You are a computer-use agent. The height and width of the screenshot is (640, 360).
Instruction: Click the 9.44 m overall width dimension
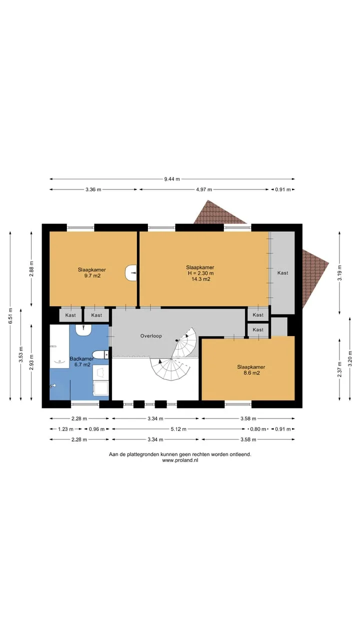[172, 179]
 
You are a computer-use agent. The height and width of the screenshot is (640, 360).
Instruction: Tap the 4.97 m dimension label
[204, 189]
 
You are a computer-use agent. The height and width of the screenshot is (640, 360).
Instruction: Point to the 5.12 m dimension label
[178, 429]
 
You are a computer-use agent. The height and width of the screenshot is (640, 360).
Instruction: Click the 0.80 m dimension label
[258, 429]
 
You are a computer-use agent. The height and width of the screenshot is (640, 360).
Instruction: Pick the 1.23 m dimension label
[65, 429]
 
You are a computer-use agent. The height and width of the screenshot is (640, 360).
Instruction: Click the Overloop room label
[151, 336]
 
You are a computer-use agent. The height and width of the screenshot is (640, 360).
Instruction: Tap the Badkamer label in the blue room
[81, 358]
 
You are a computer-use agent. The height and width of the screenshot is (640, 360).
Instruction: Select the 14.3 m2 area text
[201, 279]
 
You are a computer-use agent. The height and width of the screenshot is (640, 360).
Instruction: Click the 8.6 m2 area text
[251, 373]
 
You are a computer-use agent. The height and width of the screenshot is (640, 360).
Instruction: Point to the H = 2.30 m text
[200, 273]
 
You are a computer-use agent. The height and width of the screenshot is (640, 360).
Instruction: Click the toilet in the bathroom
[100, 354]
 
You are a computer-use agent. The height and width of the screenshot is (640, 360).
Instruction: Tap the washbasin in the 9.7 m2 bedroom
[130, 273]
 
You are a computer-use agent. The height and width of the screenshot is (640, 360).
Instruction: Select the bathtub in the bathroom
[59, 346]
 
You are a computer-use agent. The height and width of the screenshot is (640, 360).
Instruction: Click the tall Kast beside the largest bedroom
[282, 273]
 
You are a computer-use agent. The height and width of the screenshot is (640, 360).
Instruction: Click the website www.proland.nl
[180, 460]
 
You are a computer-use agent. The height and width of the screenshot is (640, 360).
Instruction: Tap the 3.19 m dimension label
[339, 273]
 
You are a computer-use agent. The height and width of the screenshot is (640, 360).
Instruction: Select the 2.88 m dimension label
[31, 269]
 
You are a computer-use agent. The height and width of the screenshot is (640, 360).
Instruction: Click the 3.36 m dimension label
[93, 189]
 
